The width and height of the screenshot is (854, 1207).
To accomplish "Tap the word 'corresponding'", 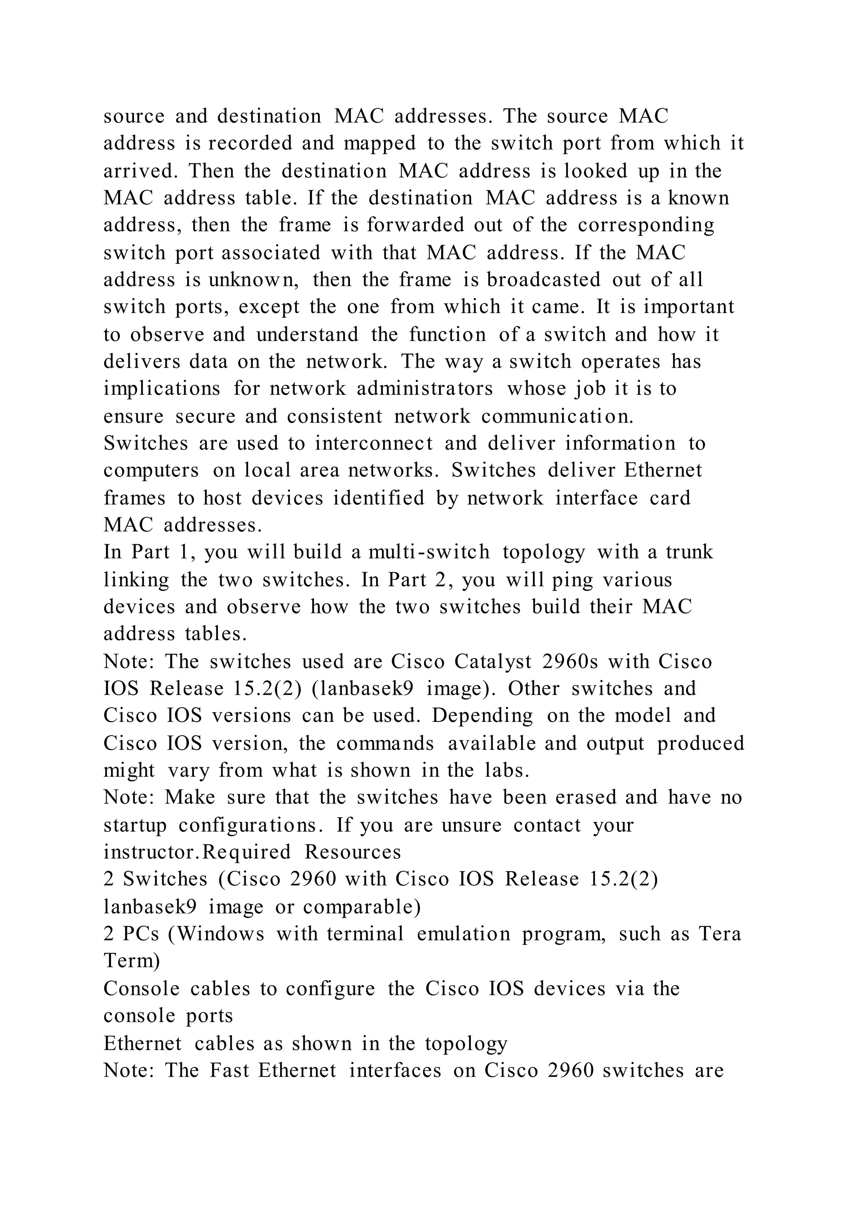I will click(x=646, y=225).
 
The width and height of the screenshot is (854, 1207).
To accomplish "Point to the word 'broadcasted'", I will click(x=543, y=280).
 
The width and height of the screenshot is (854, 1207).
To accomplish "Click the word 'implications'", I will click(x=162, y=389).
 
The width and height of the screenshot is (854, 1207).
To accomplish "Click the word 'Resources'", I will click(x=353, y=852).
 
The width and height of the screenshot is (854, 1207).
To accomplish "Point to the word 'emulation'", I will click(x=463, y=934).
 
